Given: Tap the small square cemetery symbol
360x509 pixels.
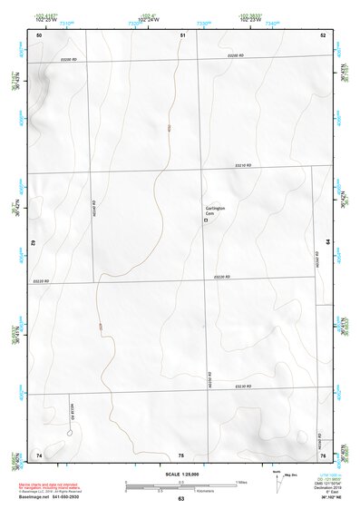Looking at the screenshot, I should click(x=205, y=220).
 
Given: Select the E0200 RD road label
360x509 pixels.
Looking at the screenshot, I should click(x=236, y=56).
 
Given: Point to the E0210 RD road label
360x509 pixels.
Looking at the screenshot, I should click(x=242, y=165).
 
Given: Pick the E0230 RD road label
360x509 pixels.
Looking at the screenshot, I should click(x=242, y=386).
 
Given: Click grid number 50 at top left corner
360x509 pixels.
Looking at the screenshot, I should click(x=39, y=34).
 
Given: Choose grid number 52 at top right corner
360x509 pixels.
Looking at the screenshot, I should click(x=322, y=34).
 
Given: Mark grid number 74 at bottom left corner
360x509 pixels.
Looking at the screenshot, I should click(x=39, y=454).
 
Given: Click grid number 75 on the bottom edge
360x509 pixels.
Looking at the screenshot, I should click(x=181, y=454).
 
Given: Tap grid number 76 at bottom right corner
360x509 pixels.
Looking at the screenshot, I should click(x=322, y=454).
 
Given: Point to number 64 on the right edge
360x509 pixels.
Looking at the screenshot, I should click(x=326, y=243).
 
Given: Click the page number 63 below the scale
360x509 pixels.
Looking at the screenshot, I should click(x=181, y=499).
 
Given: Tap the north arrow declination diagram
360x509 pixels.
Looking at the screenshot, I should click(x=277, y=477).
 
